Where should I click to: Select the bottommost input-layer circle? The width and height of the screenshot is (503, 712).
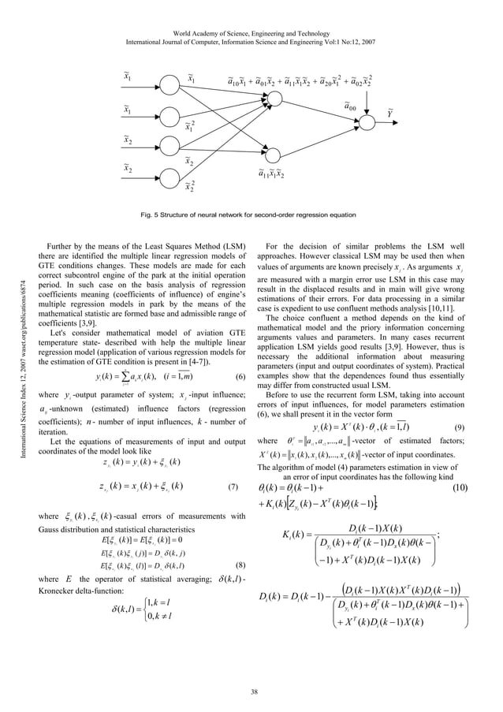164,172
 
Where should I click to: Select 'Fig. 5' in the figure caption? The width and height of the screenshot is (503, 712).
151,214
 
